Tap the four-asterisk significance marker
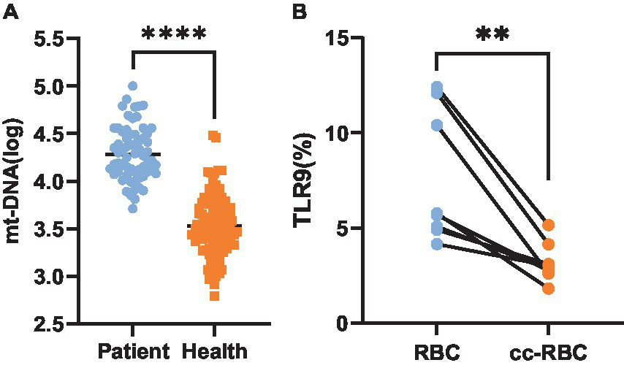click(x=174, y=34)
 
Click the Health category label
click(x=214, y=352)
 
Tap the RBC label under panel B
click(x=436, y=352)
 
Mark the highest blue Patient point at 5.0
click(x=133, y=86)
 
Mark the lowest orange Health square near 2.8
click(x=213, y=295)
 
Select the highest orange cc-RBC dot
click(x=549, y=225)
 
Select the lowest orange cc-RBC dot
click(x=549, y=288)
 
